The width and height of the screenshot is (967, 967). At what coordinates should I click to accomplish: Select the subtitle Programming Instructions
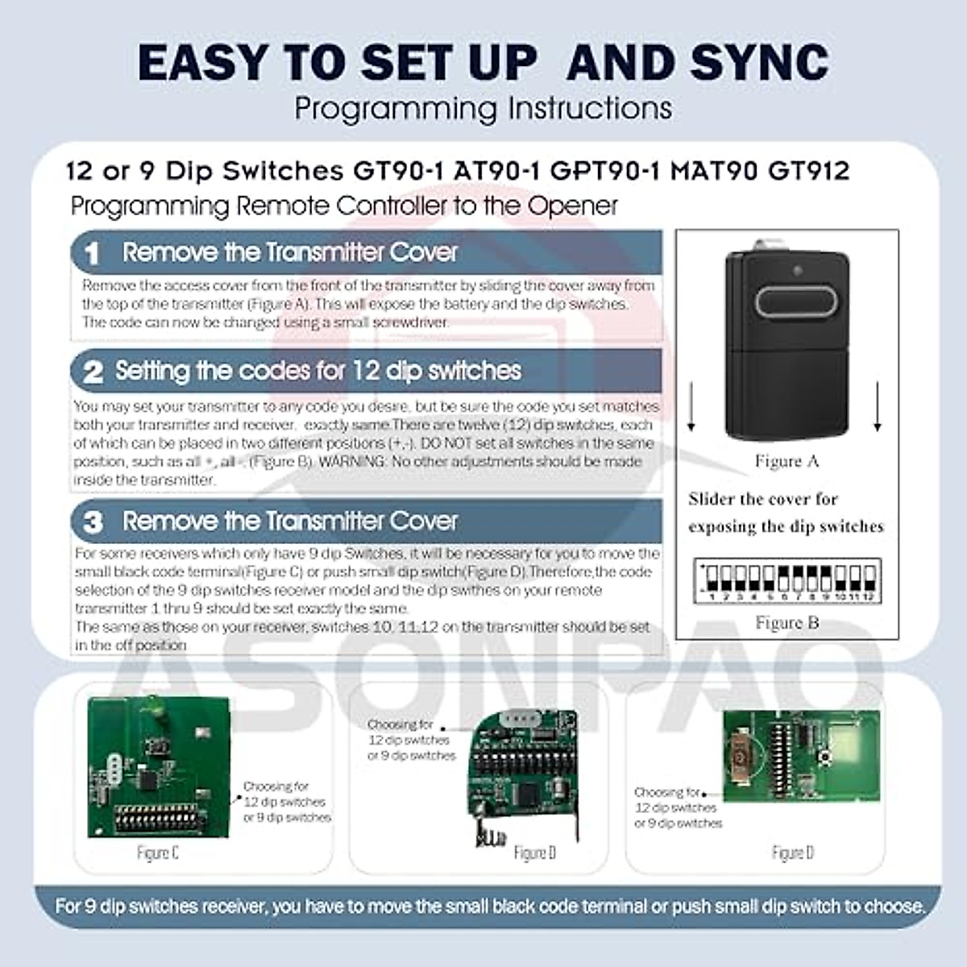(x=483, y=108)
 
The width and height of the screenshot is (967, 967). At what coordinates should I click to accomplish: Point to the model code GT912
(x=809, y=171)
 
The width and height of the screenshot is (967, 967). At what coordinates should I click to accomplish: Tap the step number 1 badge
(x=93, y=253)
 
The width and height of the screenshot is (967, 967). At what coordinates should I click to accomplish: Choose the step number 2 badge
(x=93, y=371)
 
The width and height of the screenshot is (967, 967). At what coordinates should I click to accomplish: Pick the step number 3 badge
(x=93, y=522)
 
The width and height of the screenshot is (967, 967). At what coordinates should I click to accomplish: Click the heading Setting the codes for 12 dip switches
(x=318, y=371)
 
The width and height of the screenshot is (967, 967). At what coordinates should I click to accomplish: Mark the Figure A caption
(x=786, y=462)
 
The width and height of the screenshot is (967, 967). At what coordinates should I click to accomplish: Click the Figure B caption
(x=786, y=623)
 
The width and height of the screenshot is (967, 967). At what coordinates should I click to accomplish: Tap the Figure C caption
(x=158, y=853)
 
